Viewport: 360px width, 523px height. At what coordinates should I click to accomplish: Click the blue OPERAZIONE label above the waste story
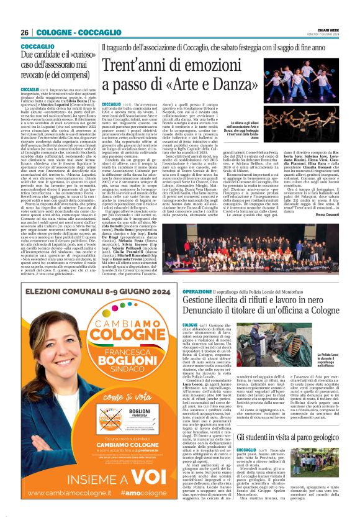pyautogui.click(x=199, y=291)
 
